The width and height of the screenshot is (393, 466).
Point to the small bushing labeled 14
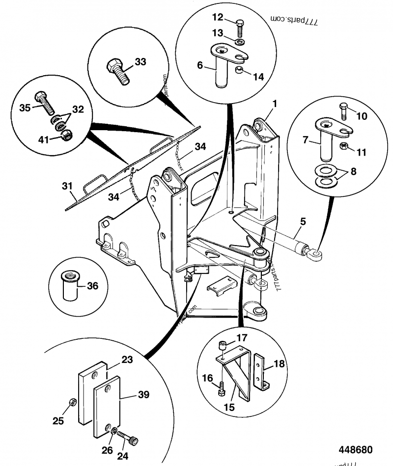coord(240,73)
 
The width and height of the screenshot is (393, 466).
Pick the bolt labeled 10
coord(342,111)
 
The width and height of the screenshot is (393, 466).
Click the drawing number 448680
coord(355,450)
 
